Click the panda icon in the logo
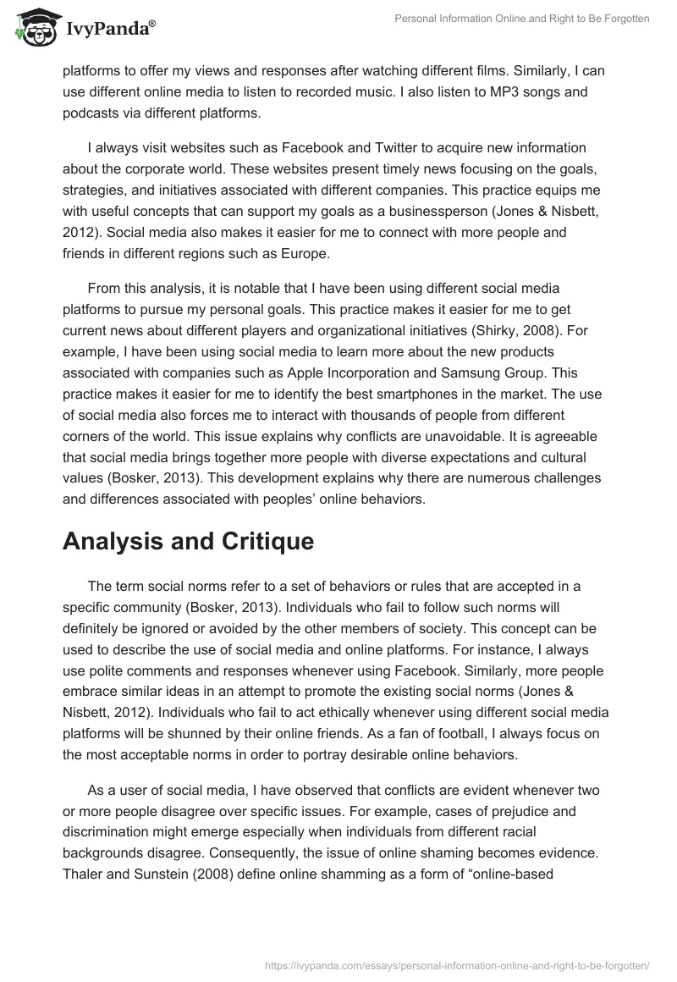(33, 26)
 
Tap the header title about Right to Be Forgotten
(521, 19)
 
